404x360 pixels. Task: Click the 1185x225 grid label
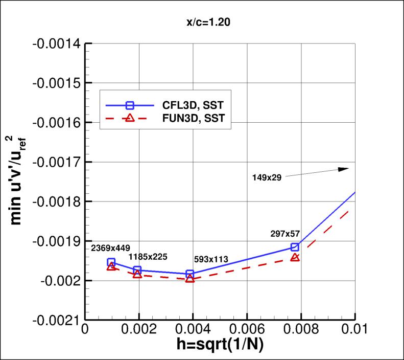point(148,256)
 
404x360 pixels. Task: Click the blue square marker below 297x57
point(295,247)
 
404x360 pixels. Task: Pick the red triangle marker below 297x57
point(295,257)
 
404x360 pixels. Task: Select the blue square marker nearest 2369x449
point(111,262)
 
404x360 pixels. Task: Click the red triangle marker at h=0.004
point(190,278)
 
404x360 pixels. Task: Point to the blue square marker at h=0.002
point(137,270)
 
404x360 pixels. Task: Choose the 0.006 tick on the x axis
point(247,331)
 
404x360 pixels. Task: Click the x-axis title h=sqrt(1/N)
point(219,346)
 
